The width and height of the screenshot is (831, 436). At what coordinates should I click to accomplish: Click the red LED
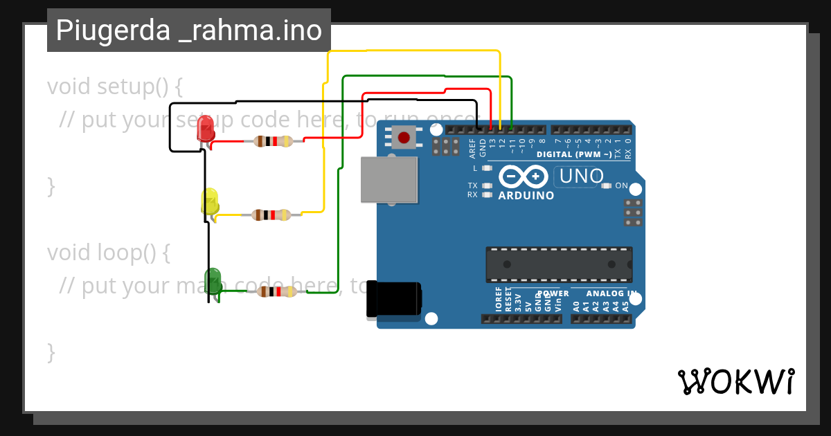[x=206, y=129]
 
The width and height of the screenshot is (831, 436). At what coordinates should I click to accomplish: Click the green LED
[x=213, y=280]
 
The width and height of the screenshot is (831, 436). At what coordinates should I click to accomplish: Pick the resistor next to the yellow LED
[x=271, y=215]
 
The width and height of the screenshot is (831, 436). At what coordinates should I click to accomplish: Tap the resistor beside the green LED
[x=277, y=291]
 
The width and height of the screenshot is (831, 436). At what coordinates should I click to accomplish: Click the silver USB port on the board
[x=389, y=179]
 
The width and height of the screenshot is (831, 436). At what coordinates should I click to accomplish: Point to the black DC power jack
[x=393, y=300]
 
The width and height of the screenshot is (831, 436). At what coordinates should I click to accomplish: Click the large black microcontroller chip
[x=558, y=264]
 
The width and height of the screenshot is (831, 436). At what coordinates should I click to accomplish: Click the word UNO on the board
[x=581, y=176]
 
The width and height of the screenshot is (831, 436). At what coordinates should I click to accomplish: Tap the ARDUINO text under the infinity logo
[x=526, y=196]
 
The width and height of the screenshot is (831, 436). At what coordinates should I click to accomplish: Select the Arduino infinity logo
[x=523, y=177]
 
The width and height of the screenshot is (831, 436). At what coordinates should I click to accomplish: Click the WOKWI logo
[x=736, y=381]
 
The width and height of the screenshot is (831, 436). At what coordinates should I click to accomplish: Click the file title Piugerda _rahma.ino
[x=188, y=30]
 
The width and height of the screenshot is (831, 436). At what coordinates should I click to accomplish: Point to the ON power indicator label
[x=621, y=185]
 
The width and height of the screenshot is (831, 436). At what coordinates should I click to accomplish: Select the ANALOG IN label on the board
[x=603, y=293]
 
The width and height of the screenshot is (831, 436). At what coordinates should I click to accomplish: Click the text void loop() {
[x=109, y=253]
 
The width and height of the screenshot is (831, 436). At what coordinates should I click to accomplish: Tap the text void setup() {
[x=115, y=87]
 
